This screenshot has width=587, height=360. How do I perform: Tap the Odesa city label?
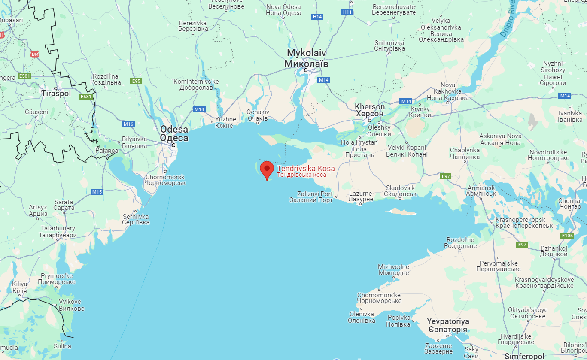pos(174,133)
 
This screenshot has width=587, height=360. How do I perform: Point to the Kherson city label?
pos(370,110)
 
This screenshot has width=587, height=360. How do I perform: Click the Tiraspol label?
pos(56,93)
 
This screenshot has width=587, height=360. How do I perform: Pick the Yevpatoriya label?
pos(447,325)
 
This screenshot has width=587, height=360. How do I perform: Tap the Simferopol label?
pos(524,356)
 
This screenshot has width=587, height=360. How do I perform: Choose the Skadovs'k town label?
pos(401,191)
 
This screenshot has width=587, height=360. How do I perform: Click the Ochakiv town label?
pos(258,115)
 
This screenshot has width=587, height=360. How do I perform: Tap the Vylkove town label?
pos(71,305)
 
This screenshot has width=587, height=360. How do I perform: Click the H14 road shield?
pos(317,16)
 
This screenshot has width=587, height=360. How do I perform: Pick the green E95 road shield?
pos(137,81)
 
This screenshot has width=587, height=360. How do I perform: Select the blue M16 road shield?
pos(128,124)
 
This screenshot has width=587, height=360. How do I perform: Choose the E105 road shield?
pos(567,236)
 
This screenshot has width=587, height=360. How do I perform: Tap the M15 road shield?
pos(97,192)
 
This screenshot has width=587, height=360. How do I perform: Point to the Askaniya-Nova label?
pos(500,139)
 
